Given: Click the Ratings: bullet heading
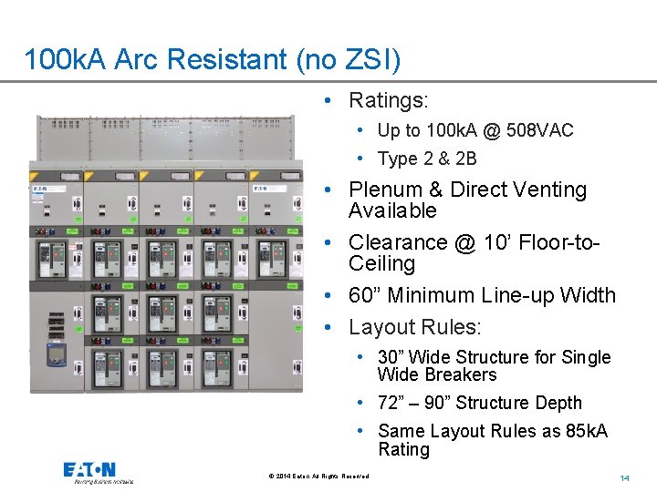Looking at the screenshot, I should (x=388, y=98).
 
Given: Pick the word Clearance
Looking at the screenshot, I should (x=395, y=242).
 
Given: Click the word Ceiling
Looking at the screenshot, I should (x=381, y=264).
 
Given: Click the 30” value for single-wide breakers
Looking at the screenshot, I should (x=394, y=357).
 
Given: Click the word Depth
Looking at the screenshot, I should (x=556, y=403).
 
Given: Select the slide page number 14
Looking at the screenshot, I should (x=625, y=477).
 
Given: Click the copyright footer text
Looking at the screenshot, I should (x=319, y=477).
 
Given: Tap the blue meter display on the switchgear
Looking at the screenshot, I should (x=56, y=354).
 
